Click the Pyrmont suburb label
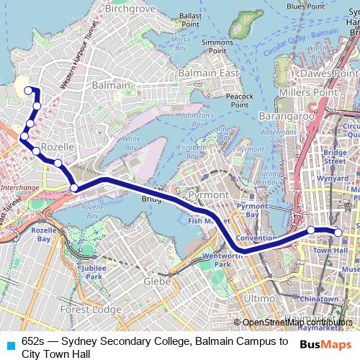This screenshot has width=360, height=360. [x=207, y=196]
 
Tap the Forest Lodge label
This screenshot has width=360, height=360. [x=91, y=309]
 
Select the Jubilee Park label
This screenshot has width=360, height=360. [x=94, y=271]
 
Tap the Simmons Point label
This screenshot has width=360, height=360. [x=217, y=47]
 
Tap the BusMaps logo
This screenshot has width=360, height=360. [x=326, y=343]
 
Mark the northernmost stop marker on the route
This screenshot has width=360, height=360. [x=29, y=90]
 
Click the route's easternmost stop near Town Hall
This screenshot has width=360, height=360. [x=337, y=231]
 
